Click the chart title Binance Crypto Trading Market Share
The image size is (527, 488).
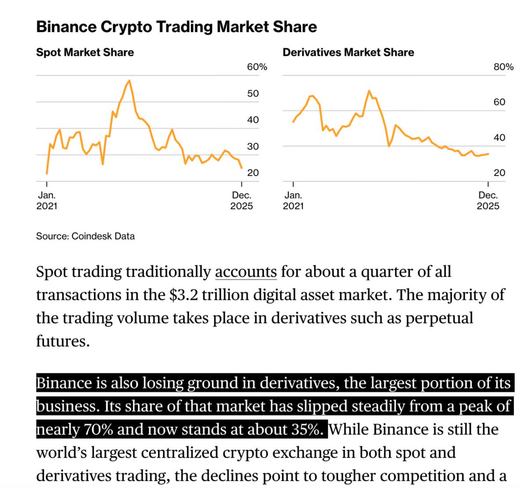(176, 27)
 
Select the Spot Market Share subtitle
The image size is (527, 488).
(85, 52)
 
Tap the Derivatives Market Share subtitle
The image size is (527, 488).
(348, 52)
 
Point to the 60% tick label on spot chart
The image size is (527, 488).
(256, 67)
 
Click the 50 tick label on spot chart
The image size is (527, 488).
(253, 94)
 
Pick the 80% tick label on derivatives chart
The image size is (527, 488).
(503, 67)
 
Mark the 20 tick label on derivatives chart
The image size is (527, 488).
(499, 173)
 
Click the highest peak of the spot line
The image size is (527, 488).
(129, 80)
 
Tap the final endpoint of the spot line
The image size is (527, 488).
(242, 168)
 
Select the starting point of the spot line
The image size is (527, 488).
(47, 174)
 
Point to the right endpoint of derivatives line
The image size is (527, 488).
(488, 154)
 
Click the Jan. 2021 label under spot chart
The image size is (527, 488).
(47, 200)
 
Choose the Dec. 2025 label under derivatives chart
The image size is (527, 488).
(488, 200)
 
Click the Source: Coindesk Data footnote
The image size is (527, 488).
(85, 236)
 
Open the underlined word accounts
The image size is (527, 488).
(245, 272)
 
